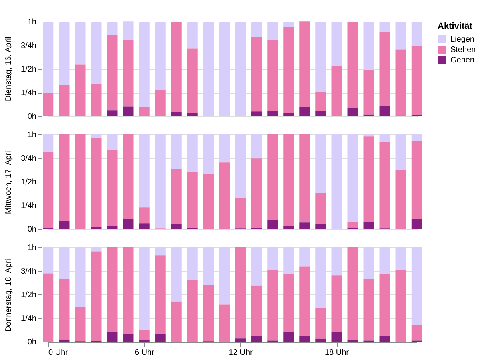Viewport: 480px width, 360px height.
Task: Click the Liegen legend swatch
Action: pos(442,39)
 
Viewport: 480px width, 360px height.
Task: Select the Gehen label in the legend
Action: pos(462,60)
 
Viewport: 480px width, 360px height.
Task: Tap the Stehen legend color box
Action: pos(442,50)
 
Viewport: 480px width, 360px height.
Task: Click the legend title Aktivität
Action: pos(455,26)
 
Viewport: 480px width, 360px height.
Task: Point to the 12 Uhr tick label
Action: pos(240,352)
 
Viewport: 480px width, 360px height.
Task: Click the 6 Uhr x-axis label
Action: pos(144,352)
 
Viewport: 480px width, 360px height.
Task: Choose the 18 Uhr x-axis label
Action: pos(336,352)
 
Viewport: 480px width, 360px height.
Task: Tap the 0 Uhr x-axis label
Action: pos(58,352)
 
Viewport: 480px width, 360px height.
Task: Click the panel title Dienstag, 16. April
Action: pos(8,69)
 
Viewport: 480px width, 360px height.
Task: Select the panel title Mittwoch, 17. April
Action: pos(8,182)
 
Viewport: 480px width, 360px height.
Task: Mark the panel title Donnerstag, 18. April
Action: pos(8,294)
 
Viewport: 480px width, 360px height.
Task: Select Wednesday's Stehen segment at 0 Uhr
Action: pos(48,190)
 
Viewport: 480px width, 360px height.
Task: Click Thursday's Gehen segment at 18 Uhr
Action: pos(336,337)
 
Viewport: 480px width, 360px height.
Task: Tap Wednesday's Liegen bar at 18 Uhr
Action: pos(336,182)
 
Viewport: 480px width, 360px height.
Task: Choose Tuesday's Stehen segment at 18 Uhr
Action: pos(336,91)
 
